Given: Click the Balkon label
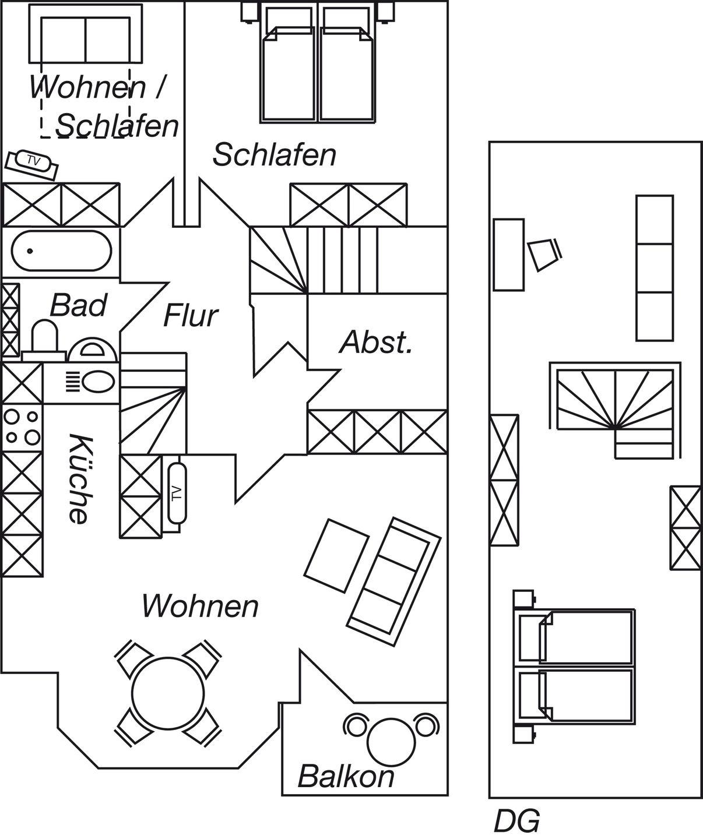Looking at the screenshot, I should pos(346,777).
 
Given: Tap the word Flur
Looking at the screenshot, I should pos(190,316).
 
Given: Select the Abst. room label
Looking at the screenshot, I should pos(376,343).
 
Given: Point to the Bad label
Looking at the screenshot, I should pos(79,305).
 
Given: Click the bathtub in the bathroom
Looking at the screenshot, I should pos(61,251).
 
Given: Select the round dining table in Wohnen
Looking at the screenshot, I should pos(167,692).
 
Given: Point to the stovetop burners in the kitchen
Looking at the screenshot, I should pos(22,426).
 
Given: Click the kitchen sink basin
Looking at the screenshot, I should pos(98,383).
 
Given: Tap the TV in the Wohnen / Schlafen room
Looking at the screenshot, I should pos(32,161).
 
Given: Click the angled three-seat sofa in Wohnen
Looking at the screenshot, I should pos(394,582).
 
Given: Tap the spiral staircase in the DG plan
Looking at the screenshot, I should pos(615,402).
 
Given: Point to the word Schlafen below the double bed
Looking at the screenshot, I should pos(274,155).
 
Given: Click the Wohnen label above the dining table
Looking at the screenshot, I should pos(200,607).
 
